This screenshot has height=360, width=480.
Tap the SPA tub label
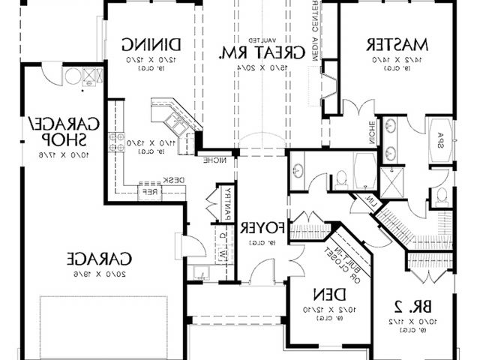pos(440,142)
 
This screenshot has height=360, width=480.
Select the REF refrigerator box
pos(151,192)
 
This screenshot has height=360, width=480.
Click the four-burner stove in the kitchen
pos(118,137)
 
